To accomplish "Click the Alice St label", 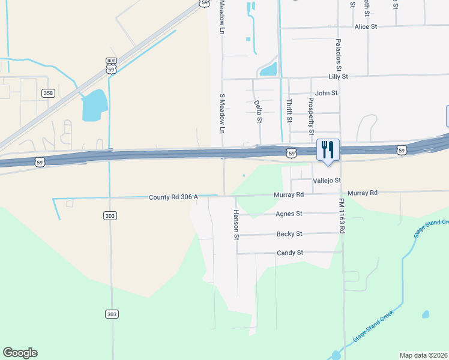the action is coord(366,27).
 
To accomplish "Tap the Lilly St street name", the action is coord(338,77).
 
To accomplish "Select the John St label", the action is coord(327,93).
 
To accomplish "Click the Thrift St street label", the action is coord(289,111).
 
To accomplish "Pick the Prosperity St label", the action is coord(311,116).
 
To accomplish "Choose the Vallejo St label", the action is coord(327,181).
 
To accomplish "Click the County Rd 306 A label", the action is coord(173,197).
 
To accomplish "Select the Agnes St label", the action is coord(289,214).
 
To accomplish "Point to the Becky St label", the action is coord(289,234).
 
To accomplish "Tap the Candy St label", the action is coord(290,253).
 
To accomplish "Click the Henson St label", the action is coord(237,225).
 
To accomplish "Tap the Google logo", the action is coord(20,353).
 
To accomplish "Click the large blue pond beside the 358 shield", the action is coord(94,105).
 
